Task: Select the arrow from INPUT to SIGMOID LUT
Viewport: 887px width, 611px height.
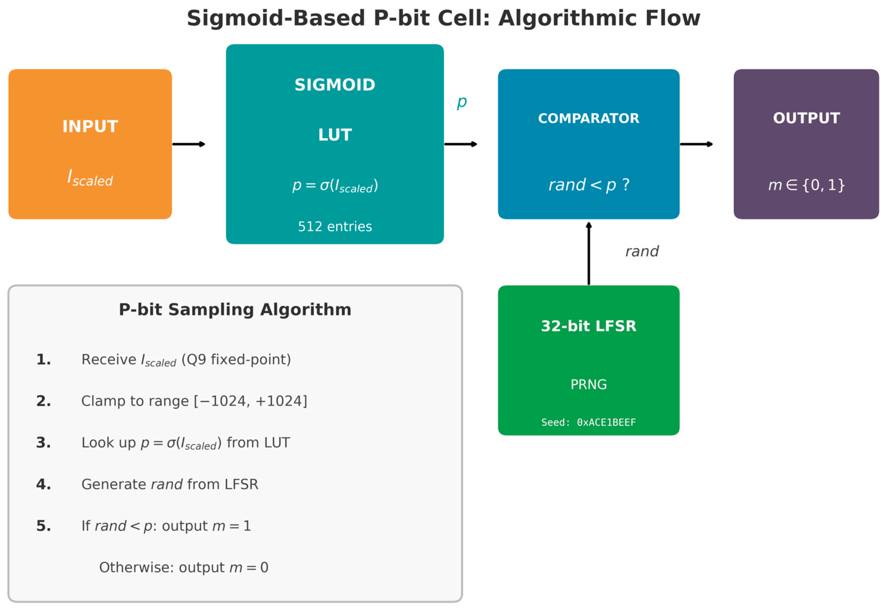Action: click(189, 144)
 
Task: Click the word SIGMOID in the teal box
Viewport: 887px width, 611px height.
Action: click(335, 85)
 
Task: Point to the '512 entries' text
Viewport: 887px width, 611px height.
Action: click(335, 227)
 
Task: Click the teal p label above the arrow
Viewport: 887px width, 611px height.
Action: click(462, 102)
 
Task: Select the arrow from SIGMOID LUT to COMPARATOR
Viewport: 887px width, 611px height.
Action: click(460, 144)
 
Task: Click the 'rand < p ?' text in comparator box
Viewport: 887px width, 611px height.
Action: click(588, 185)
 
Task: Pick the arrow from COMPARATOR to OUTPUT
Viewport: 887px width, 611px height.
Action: click(696, 144)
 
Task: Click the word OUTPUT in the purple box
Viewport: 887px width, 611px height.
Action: click(806, 118)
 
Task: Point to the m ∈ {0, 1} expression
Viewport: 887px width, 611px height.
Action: click(806, 185)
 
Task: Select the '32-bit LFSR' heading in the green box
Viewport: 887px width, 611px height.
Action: click(588, 326)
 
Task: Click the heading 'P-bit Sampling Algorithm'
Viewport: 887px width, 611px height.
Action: click(235, 309)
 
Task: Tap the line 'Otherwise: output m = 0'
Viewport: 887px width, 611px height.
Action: click(184, 567)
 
